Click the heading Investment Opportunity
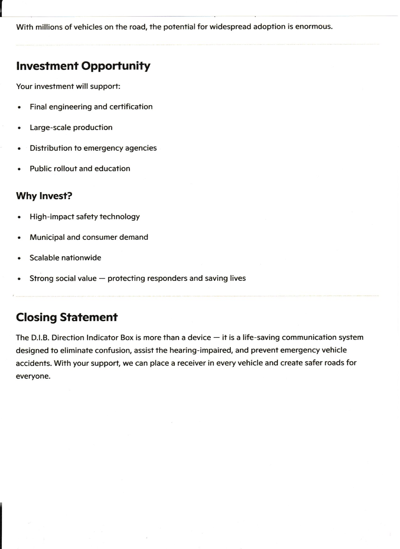click(x=83, y=66)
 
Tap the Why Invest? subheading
click(x=44, y=196)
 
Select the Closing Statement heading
click(x=67, y=317)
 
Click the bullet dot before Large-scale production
click(x=19, y=128)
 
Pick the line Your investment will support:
click(x=68, y=86)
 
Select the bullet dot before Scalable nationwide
click(x=19, y=258)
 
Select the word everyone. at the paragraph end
click(x=33, y=376)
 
